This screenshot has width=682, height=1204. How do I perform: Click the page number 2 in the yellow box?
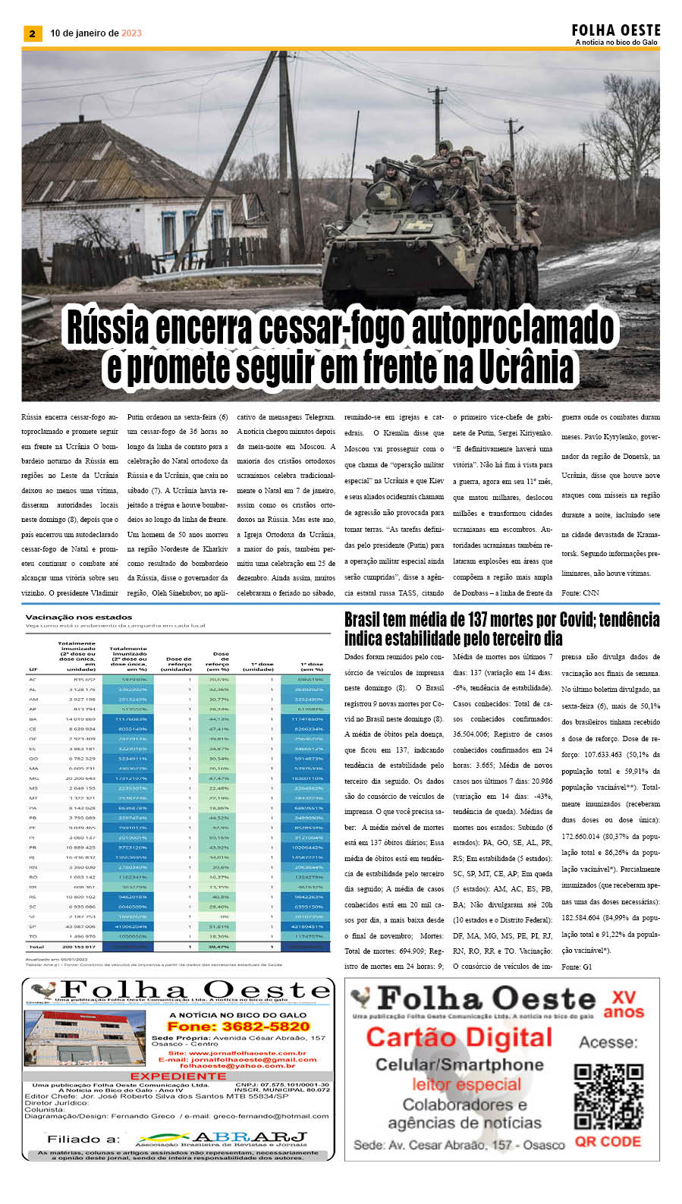click(32, 33)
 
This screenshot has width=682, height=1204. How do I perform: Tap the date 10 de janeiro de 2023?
click(96, 33)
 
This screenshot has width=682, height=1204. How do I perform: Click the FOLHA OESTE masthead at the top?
click(615, 30)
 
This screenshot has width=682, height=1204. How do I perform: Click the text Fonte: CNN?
click(580, 593)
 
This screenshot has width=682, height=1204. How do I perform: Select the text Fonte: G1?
click(577, 967)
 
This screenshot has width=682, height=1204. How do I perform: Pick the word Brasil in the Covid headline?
click(365, 621)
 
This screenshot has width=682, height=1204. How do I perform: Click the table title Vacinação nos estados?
click(79, 618)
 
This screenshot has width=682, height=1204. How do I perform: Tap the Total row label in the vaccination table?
click(36, 947)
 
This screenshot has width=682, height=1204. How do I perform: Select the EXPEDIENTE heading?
click(178, 1076)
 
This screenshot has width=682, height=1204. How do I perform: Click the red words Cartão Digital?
click(460, 1037)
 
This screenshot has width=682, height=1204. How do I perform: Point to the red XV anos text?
click(623, 1004)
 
